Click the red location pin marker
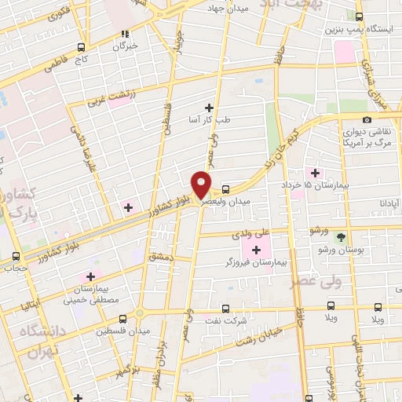202,185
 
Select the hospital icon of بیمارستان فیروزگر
257,249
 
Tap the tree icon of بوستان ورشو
340,236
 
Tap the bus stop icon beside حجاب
16,256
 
